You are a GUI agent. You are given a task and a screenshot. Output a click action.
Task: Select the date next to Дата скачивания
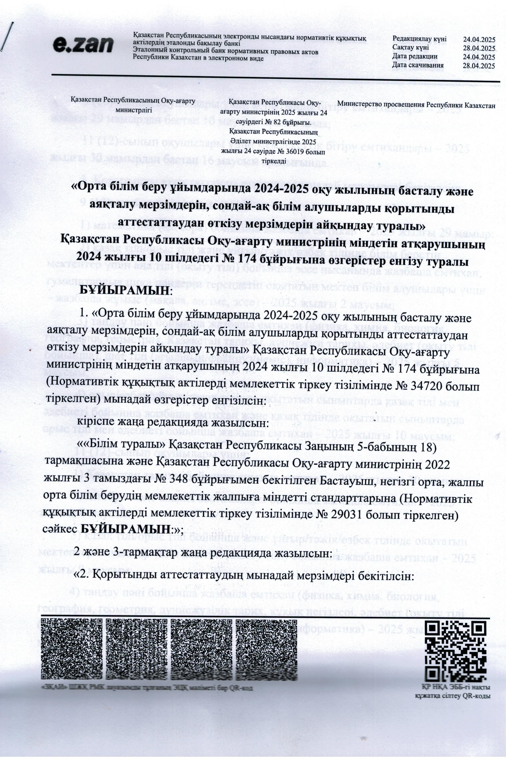click(x=479, y=66)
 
